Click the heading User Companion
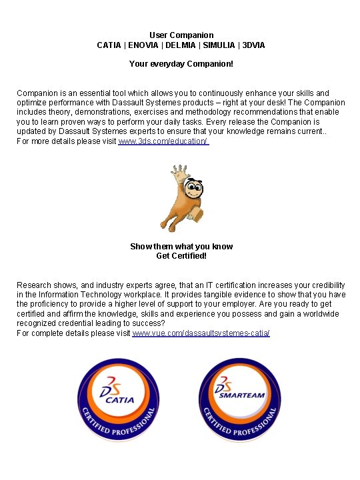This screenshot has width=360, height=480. pyautogui.click(x=181, y=35)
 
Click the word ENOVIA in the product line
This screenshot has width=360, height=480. pyautogui.click(x=143, y=45)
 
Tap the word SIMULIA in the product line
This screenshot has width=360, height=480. pyautogui.click(x=219, y=45)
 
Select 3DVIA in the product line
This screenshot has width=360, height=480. pyautogui.click(x=253, y=45)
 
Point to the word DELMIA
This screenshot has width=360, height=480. pyautogui.click(x=180, y=45)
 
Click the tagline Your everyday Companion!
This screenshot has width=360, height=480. pyautogui.click(x=181, y=65)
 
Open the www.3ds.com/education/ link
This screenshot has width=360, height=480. pyautogui.click(x=163, y=142)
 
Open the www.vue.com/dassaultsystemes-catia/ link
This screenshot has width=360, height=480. pyautogui.click(x=201, y=333)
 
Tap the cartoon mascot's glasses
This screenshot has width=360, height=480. pyautogui.click(x=194, y=189)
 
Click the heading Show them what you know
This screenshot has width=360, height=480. pyautogui.click(x=181, y=247)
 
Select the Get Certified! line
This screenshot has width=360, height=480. pyautogui.click(x=181, y=256)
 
